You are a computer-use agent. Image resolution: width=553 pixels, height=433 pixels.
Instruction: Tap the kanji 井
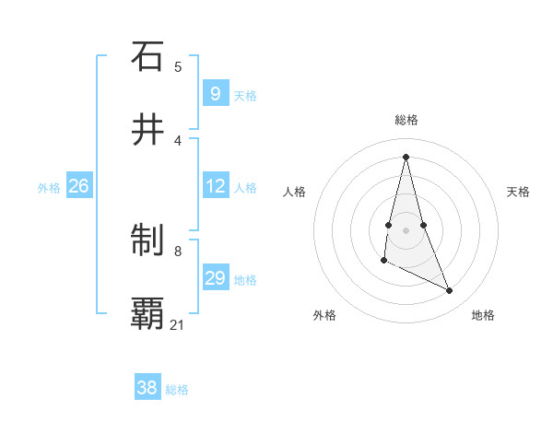click(147, 131)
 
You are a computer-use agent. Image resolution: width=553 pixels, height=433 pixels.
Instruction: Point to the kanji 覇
click(147, 313)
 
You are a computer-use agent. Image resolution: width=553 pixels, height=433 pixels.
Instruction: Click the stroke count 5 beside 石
click(178, 66)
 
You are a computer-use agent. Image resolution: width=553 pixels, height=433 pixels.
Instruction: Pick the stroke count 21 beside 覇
click(178, 324)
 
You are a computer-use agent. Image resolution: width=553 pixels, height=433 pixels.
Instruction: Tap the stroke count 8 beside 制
click(178, 251)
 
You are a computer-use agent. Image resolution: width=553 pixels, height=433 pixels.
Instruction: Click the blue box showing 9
click(215, 94)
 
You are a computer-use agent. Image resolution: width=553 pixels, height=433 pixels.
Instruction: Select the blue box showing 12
click(215, 186)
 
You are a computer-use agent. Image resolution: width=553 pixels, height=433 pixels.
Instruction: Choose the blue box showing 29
click(215, 278)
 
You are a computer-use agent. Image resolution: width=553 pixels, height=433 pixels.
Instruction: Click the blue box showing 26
click(78, 186)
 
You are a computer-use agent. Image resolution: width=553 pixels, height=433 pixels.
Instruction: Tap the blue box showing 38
click(147, 388)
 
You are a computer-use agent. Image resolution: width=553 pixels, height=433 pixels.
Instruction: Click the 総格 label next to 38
click(178, 390)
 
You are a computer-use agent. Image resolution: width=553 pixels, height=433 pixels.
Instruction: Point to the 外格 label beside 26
click(49, 188)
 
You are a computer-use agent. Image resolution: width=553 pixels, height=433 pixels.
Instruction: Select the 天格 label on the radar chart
click(519, 192)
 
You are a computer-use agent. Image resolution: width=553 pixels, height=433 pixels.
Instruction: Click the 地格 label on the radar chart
click(483, 315)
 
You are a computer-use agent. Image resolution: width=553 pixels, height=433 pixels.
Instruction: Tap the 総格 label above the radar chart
click(406, 120)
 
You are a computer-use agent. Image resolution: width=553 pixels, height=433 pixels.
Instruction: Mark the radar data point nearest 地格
click(450, 291)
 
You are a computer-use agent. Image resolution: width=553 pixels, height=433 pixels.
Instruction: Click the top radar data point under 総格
click(406, 156)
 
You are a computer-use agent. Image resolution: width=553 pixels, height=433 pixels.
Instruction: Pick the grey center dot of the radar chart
click(406, 229)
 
